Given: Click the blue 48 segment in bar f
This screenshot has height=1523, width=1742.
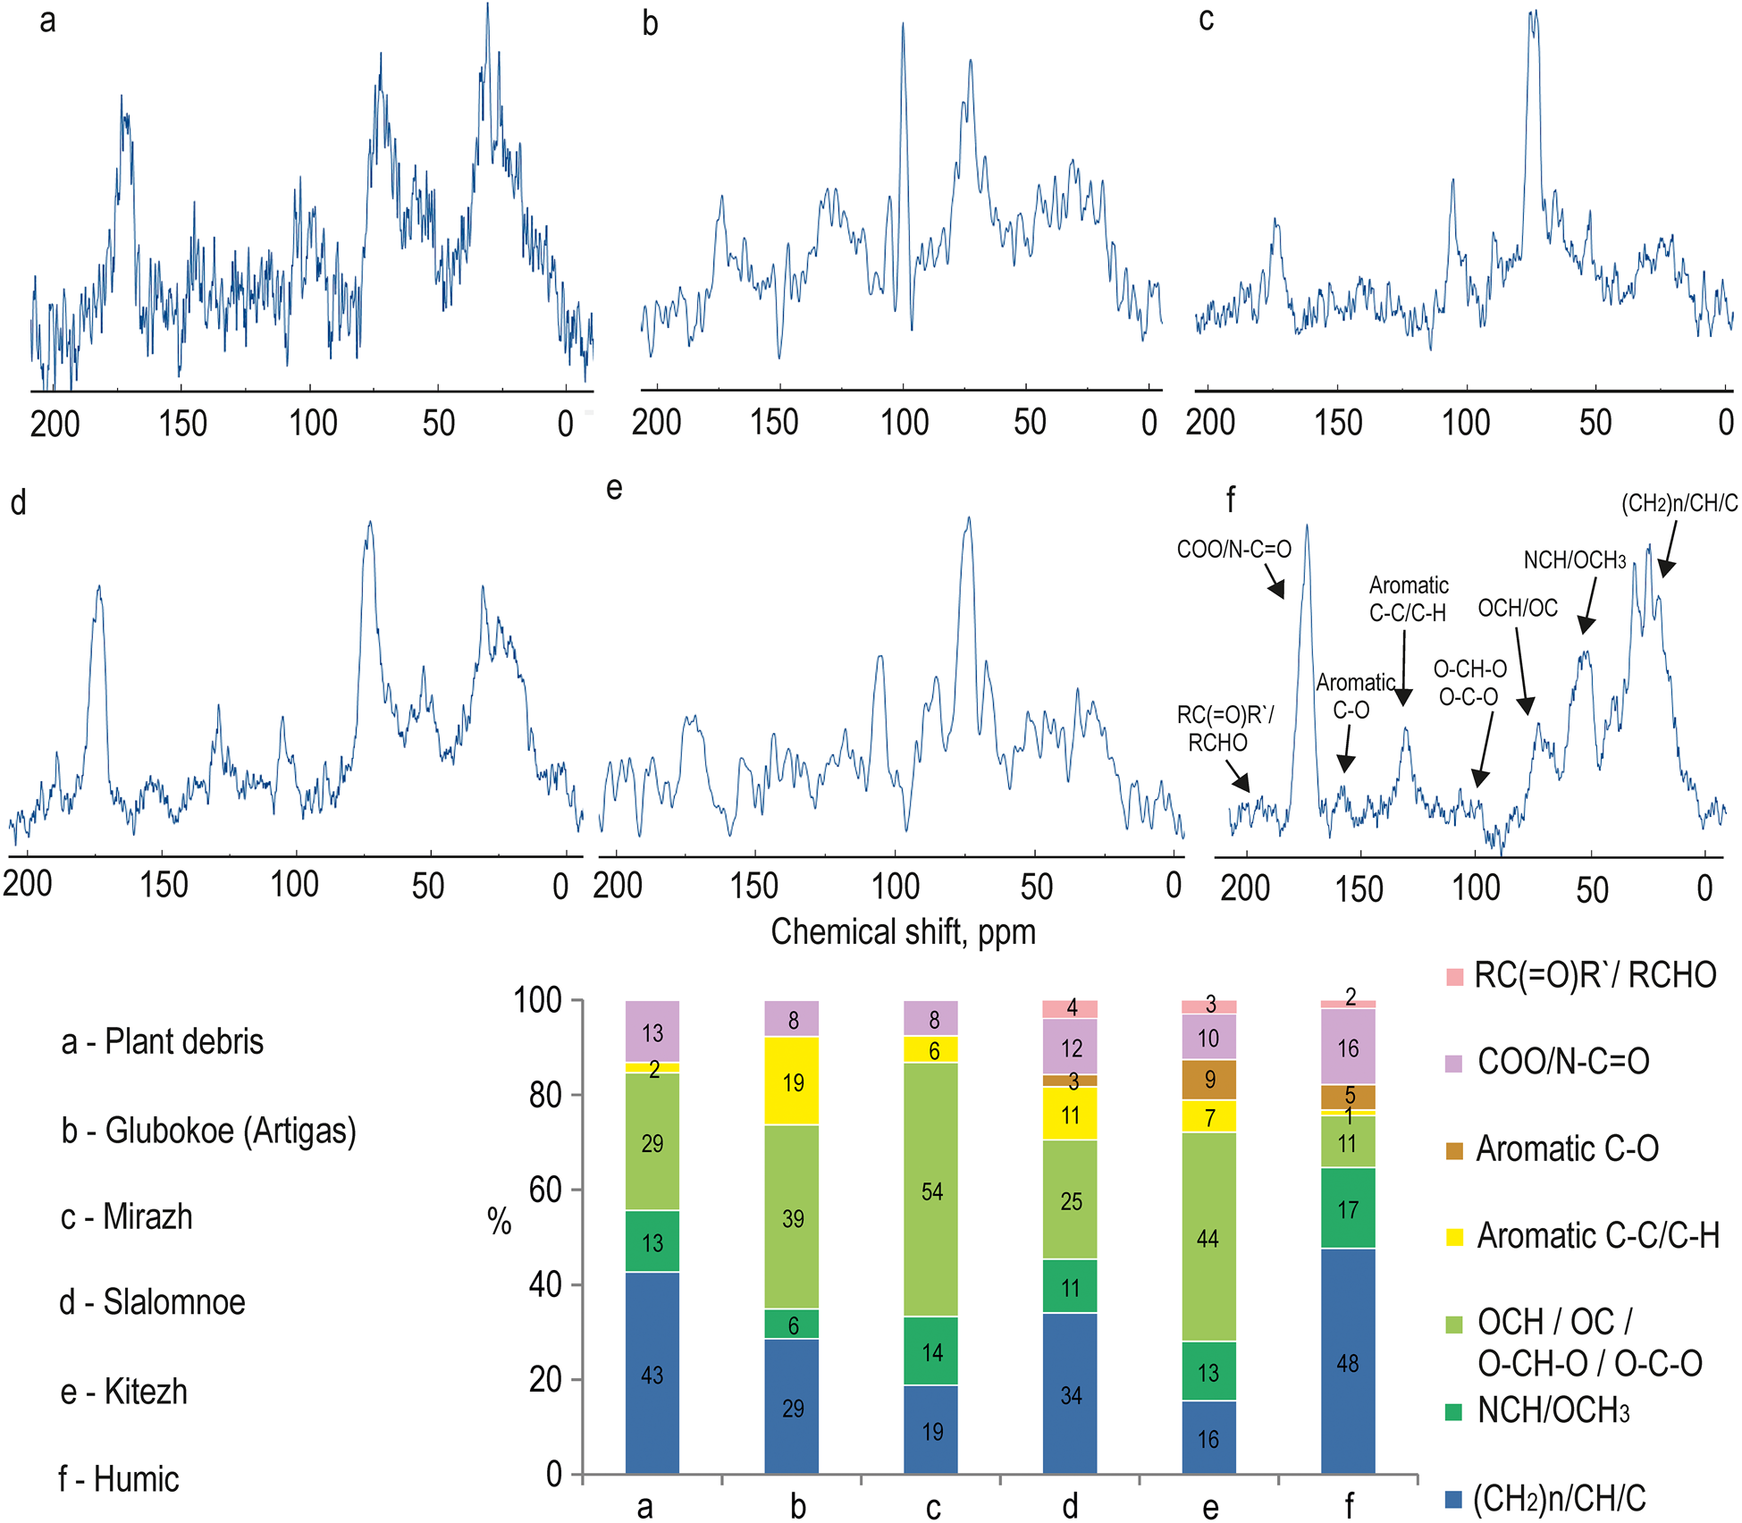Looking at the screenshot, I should coord(1348,1363).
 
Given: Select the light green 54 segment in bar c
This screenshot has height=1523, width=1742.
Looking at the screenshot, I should coord(931,1191).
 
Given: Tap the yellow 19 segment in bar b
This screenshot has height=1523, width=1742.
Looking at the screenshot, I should coord(792,1082).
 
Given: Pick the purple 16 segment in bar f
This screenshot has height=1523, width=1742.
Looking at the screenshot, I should coord(1348,1048).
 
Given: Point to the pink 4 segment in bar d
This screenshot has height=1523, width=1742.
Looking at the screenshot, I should coord(1071,1009).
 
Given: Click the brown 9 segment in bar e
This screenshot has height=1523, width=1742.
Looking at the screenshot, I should coord(1209,1080).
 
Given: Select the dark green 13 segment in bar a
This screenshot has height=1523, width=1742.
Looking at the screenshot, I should coord(652,1242).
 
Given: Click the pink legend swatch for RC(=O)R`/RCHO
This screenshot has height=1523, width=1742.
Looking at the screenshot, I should coord(1454,976).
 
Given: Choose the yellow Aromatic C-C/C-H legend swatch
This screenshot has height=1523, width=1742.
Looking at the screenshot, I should coord(1454,1237).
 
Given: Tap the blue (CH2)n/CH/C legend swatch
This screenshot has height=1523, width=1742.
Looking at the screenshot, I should coord(1454,1499).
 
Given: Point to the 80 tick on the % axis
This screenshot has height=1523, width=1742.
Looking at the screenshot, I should coord(545,1095).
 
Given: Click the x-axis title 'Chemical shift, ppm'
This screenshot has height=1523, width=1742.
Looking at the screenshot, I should coord(903,931).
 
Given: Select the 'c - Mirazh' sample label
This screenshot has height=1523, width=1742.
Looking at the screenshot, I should coord(127,1217).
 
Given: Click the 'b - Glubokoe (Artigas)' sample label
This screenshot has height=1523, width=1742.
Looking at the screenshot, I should coord(209,1131).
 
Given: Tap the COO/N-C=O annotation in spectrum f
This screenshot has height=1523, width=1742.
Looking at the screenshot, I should coord(1233,549).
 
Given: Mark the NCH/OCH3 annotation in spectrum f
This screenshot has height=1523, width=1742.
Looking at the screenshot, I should coord(1574,560).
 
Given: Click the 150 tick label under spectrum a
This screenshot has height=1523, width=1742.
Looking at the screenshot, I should coord(182,424).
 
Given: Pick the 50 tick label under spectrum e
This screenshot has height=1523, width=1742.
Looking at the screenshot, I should coord(1036,887).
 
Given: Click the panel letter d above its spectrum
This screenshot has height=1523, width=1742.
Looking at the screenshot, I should coord(18,503).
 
